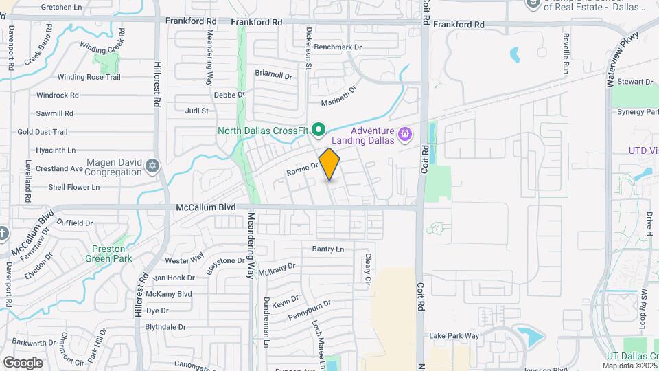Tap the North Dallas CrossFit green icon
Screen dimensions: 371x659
[318, 129]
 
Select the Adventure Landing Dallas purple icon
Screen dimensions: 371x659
[405, 133]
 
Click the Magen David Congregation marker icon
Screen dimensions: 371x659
[152, 165]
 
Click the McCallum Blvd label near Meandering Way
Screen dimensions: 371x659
[206, 207]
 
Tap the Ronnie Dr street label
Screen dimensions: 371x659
[302, 167]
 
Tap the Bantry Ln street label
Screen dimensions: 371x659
[328, 249]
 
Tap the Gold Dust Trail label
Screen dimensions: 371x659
[43, 132]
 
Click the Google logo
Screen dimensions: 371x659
[23, 362]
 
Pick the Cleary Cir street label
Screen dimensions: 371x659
[368, 269]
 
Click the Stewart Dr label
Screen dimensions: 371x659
[634, 82]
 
